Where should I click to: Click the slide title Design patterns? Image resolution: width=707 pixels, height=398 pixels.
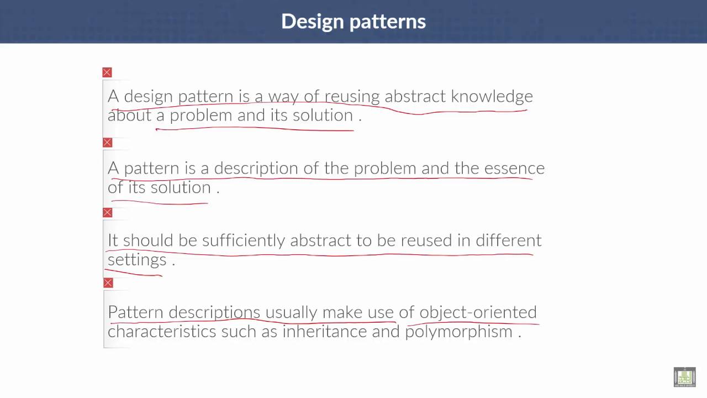tap(353, 22)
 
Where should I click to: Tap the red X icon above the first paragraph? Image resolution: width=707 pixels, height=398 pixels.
tap(107, 72)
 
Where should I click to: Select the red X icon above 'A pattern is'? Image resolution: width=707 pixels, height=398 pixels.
tap(107, 143)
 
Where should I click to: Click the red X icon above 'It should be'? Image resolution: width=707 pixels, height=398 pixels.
tap(107, 213)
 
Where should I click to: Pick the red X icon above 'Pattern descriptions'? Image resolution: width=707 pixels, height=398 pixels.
tap(108, 283)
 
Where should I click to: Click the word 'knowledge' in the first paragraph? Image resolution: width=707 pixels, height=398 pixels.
tap(492, 97)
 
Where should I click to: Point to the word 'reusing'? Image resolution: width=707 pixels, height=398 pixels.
tap(352, 97)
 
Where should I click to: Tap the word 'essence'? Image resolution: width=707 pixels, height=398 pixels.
tap(514, 168)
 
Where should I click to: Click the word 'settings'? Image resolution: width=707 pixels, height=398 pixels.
tap(136, 260)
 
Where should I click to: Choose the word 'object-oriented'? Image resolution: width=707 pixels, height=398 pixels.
tap(478, 312)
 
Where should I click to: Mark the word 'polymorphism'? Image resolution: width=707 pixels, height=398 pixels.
tap(458, 332)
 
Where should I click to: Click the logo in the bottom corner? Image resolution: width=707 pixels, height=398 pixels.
tap(684, 377)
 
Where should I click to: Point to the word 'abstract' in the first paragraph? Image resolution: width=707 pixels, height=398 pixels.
tap(415, 97)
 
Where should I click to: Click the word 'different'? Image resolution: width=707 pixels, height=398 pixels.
tap(508, 240)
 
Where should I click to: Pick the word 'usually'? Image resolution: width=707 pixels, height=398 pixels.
tap(291, 312)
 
